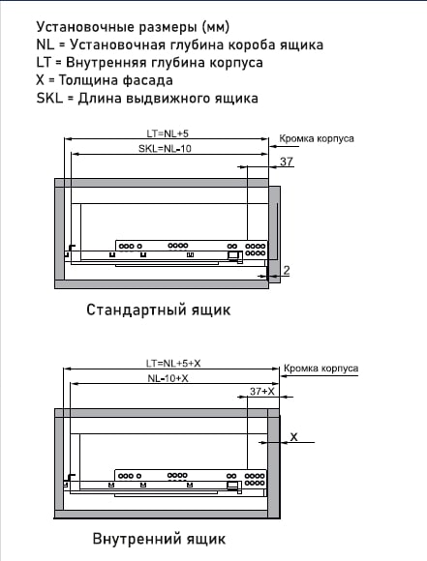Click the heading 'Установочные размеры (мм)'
pos(133,27)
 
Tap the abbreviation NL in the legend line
pos(46,44)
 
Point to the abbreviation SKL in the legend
pos(49,98)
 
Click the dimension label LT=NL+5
pos(168,133)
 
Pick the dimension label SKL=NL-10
pos(165,148)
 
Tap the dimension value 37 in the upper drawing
pos(287,162)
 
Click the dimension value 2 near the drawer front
pos(287,270)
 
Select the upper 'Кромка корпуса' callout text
pos(317,139)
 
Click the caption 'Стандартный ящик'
pos(159,310)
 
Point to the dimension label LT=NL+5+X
pos(173,364)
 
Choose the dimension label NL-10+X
pos(168,378)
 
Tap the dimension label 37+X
pos(262,392)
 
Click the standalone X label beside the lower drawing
pos(293,437)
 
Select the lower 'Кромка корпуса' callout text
pos(320,369)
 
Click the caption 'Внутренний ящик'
pos(159,539)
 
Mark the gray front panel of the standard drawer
pos(275,234)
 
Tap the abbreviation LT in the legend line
pos(44,63)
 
